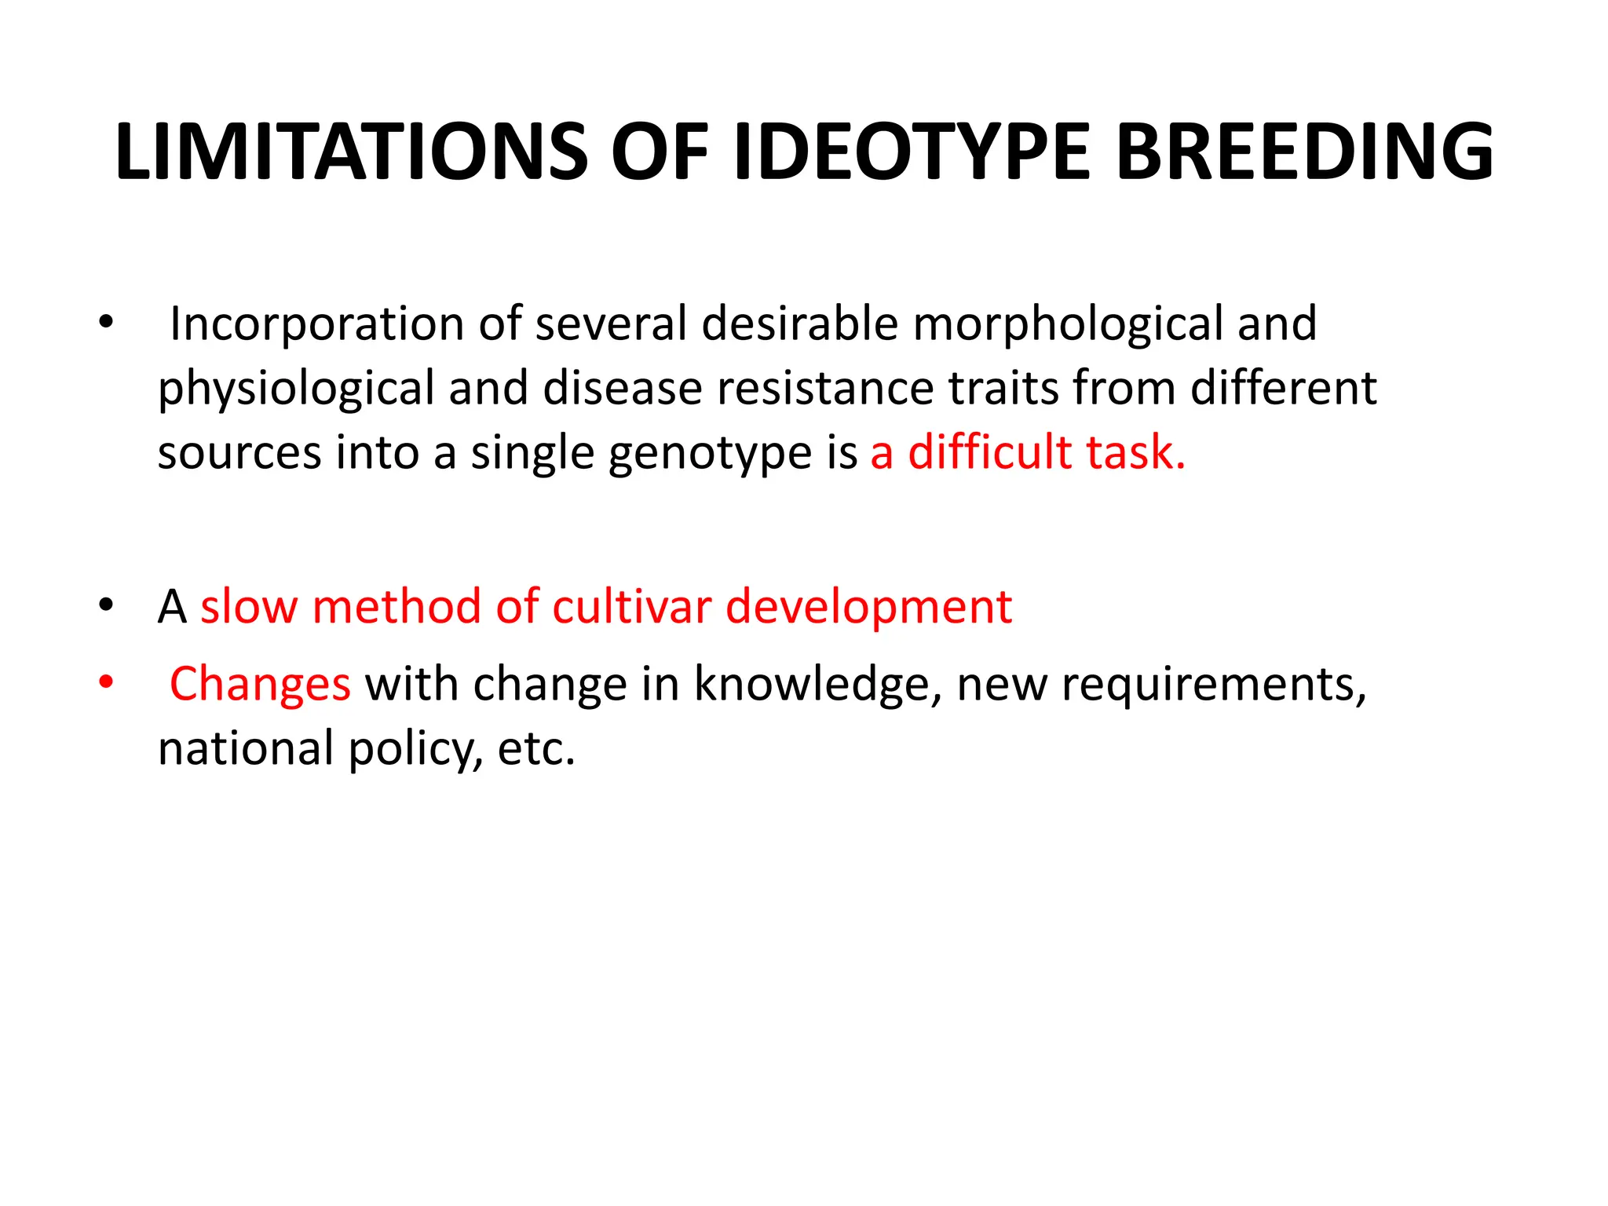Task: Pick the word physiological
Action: point(296,389)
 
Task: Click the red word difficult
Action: point(989,452)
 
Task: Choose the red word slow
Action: point(249,607)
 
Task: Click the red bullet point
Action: point(106,682)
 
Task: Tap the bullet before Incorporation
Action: point(106,321)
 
